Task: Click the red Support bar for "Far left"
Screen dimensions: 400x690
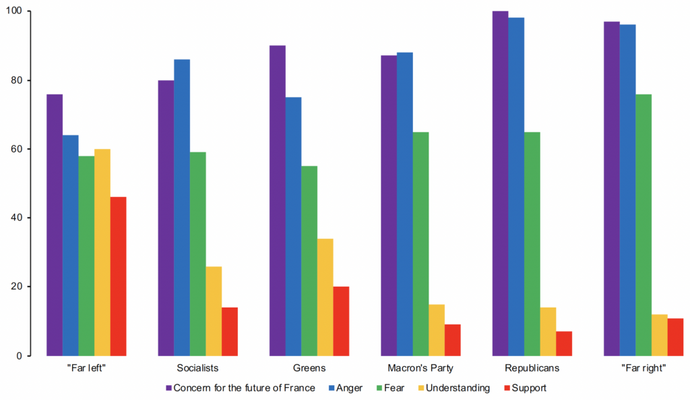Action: click(x=119, y=276)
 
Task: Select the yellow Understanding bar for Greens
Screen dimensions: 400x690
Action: click(x=325, y=297)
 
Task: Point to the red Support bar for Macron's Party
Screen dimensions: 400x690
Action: click(x=453, y=340)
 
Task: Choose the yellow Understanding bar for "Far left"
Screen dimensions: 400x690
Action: click(x=102, y=252)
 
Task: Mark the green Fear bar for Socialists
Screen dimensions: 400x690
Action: click(x=198, y=254)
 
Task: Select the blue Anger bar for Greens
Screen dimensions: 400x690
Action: click(x=293, y=226)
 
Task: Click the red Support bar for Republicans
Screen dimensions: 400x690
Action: click(x=564, y=343)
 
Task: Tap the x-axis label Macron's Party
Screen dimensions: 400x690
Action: click(x=420, y=368)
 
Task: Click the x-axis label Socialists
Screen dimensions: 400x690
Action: click(x=198, y=368)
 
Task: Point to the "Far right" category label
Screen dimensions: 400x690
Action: click(x=644, y=368)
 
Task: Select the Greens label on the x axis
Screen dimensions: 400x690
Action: click(x=309, y=368)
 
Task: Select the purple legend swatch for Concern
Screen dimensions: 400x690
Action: click(x=168, y=388)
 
